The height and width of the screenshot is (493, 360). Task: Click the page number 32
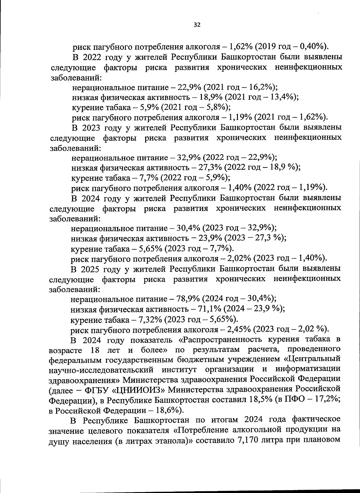click(x=197, y=25)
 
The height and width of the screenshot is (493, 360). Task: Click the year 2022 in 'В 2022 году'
click(x=91, y=57)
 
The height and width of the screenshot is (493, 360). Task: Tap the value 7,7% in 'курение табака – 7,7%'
click(x=149, y=177)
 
